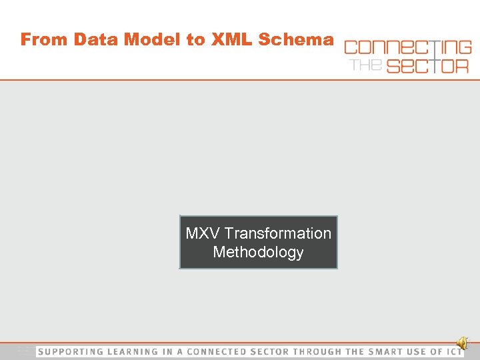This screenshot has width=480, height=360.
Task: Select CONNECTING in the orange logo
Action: [407, 47]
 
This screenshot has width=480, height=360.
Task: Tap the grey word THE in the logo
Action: [366, 65]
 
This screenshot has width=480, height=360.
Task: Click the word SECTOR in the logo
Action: [427, 65]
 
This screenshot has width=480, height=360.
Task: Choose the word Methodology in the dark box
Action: [258, 252]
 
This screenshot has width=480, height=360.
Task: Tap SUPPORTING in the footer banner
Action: [70, 351]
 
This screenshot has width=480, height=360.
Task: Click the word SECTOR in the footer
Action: [269, 351]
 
